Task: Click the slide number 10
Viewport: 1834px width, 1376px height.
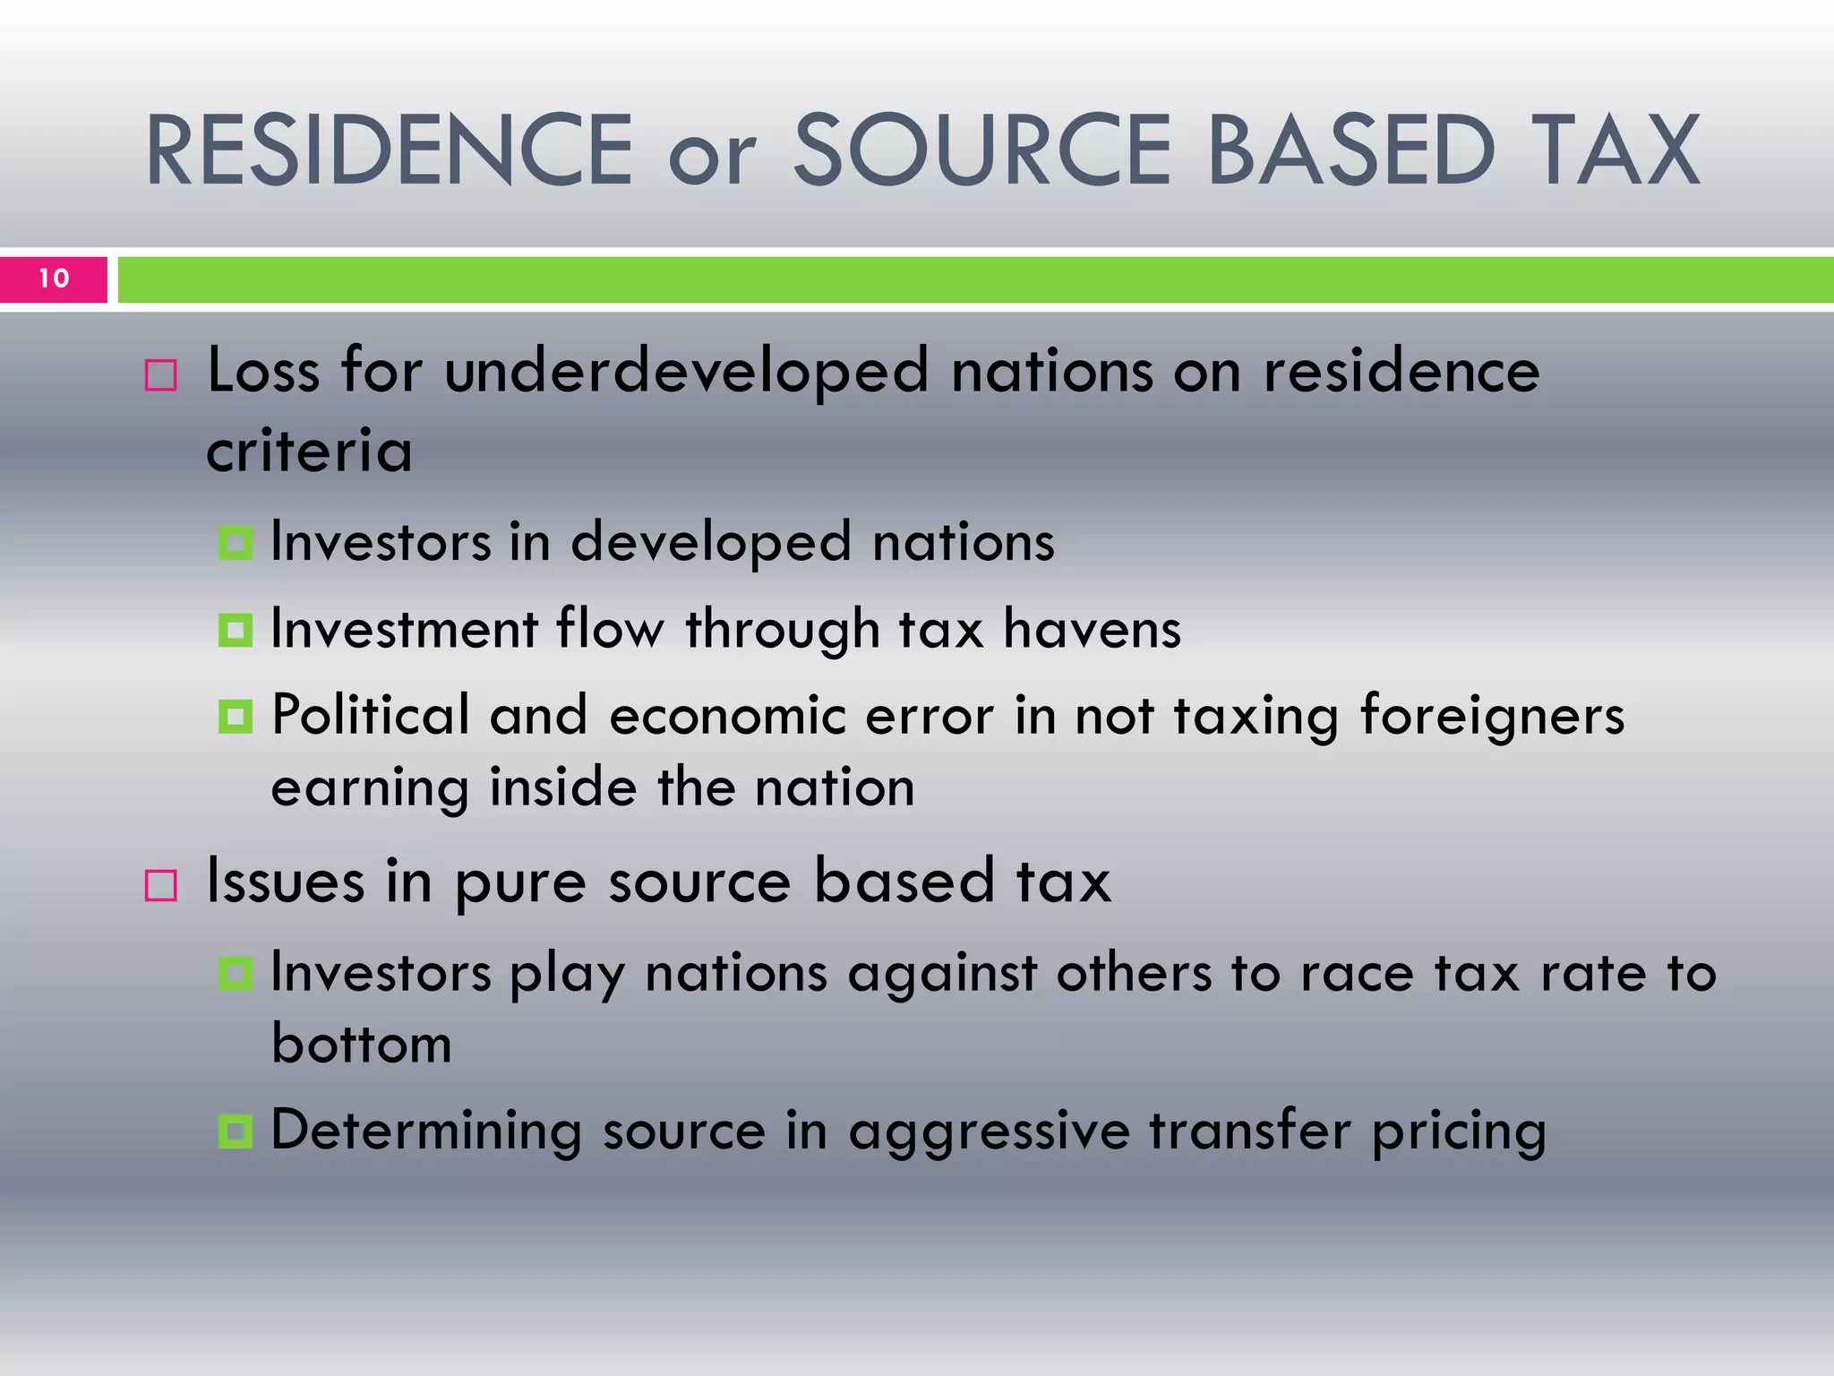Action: [54, 279]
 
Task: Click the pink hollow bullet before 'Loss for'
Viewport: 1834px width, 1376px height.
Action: [161, 375]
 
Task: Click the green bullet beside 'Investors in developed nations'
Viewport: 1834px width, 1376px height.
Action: [236, 543]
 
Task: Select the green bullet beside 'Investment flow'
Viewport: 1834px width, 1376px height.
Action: [236, 630]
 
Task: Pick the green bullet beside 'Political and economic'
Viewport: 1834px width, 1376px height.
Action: [236, 717]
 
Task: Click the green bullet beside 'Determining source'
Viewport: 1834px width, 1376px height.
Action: [236, 1131]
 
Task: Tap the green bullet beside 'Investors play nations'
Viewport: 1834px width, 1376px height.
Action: [236, 974]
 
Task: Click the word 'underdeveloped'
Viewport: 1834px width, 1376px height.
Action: [687, 371]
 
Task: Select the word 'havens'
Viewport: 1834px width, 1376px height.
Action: [1092, 629]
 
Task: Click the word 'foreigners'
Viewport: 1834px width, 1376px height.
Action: [1492, 717]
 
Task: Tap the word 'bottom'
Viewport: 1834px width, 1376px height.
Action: [362, 1044]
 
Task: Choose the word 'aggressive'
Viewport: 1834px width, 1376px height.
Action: [990, 1131]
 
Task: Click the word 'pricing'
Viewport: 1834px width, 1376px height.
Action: [1459, 1131]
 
